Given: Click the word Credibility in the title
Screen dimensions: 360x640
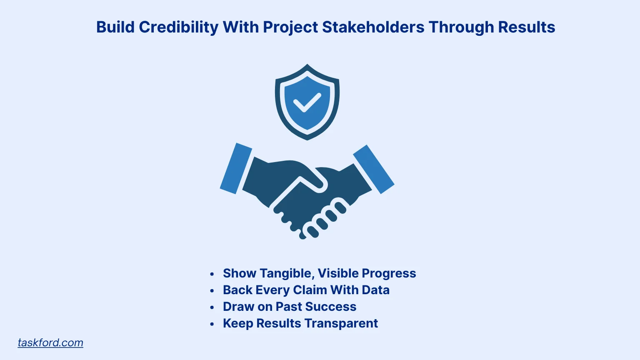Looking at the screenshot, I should click(x=178, y=27).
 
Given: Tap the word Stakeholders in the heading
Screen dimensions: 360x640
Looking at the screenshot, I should click(x=373, y=27).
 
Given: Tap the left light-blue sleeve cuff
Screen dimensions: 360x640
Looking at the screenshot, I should click(x=236, y=168).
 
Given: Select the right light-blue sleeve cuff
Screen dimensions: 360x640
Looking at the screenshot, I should click(x=374, y=169).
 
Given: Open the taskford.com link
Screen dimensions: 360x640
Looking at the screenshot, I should click(x=50, y=342).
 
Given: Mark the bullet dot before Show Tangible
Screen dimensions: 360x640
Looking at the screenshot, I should click(x=212, y=274).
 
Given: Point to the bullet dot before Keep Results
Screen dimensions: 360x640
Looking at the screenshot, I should click(x=212, y=324).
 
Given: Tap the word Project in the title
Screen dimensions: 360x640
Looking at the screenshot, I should click(x=290, y=27).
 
